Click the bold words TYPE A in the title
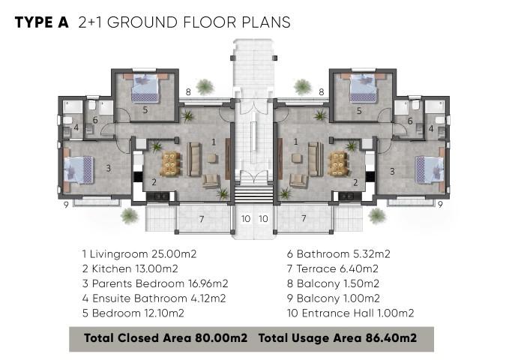42,22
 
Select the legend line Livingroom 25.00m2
139,253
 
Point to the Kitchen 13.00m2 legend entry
130,268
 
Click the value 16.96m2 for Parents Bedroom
208,283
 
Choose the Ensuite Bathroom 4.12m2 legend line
154,298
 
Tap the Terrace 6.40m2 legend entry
333,268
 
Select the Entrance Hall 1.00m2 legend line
351,313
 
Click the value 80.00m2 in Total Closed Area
221,338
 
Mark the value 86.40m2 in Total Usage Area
391,338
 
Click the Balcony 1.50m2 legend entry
333,283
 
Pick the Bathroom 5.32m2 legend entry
339,253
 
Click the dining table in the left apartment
170,163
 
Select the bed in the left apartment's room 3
78,169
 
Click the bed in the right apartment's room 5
364,88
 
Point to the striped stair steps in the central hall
254,193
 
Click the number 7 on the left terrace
202,219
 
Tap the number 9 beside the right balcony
440,205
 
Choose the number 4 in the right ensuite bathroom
431,129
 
